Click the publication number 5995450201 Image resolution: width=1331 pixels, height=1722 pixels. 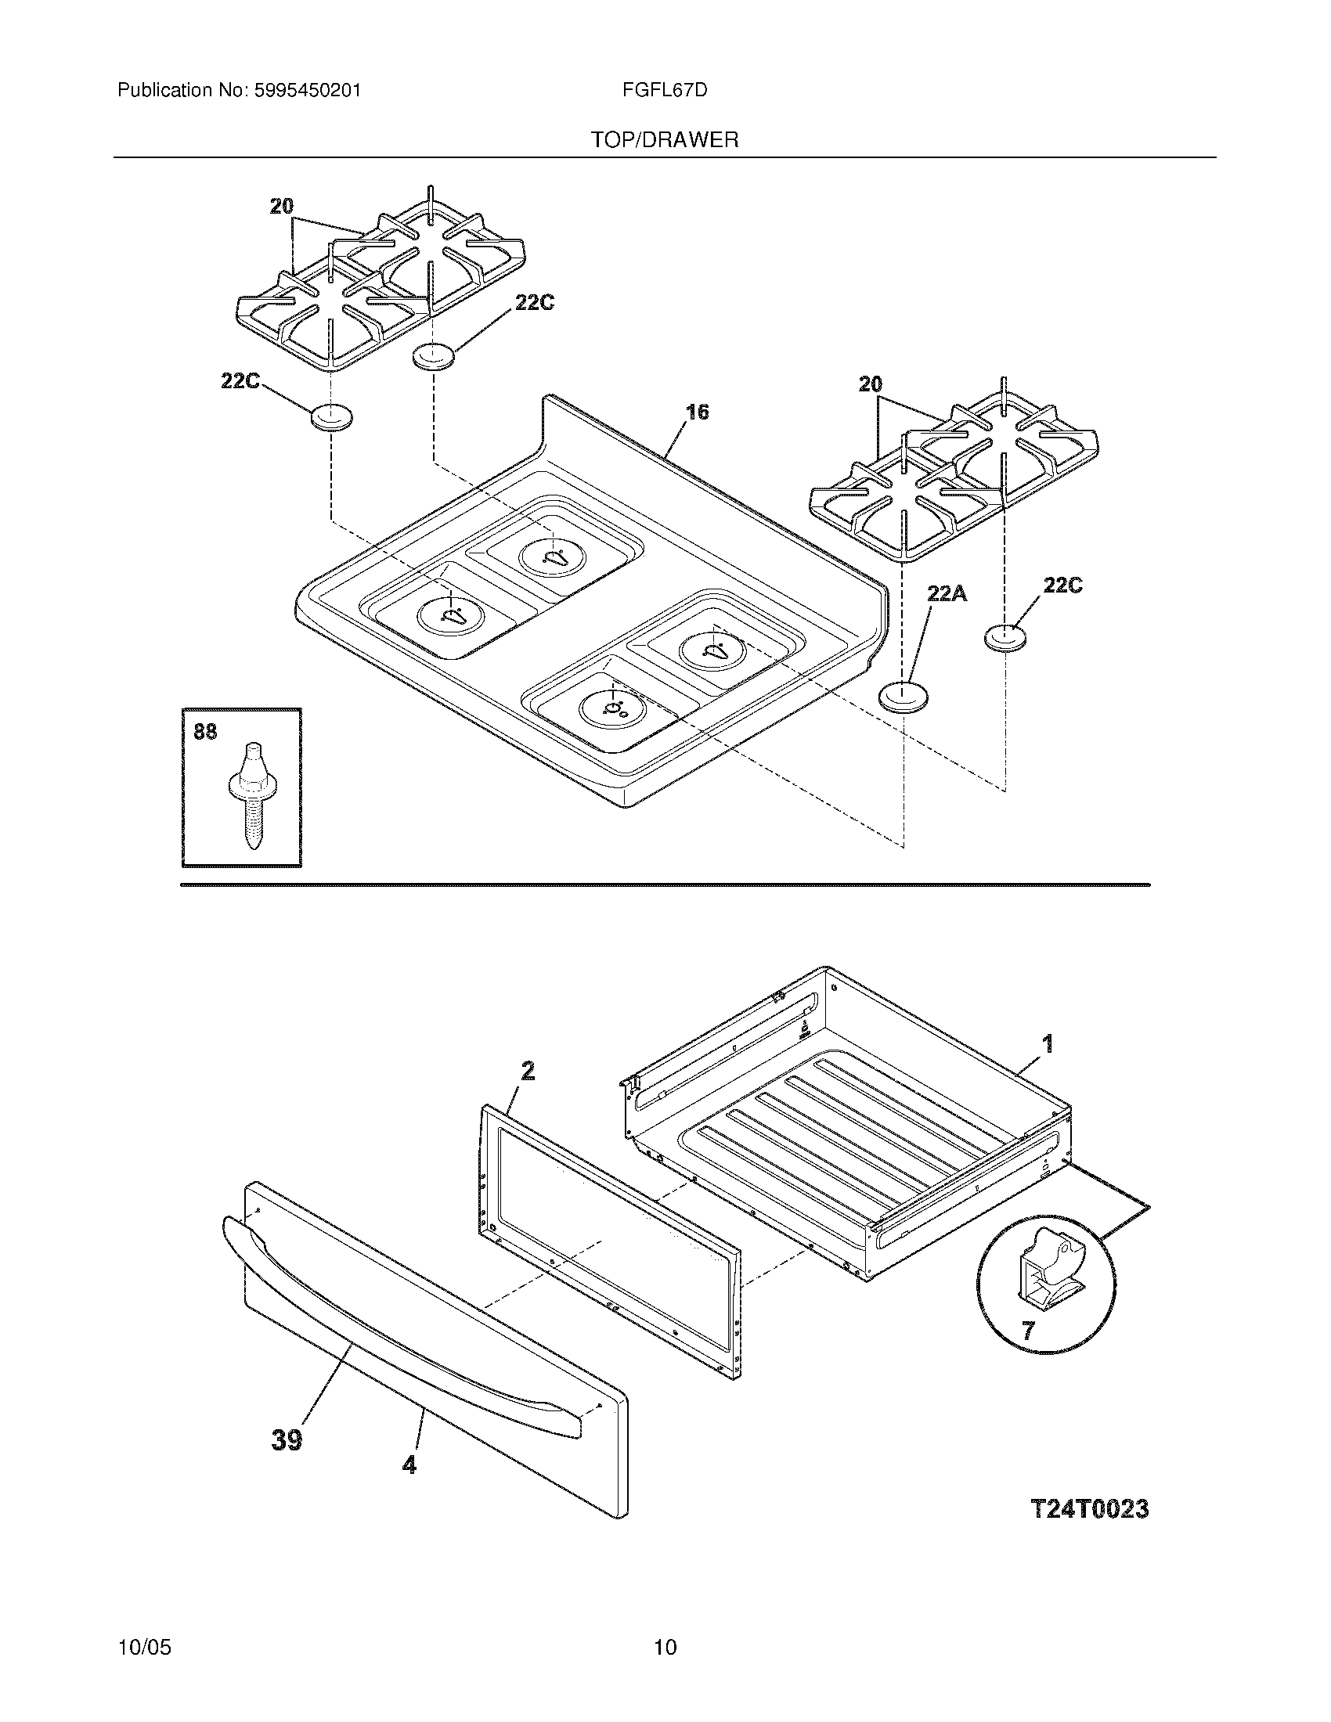click(x=308, y=91)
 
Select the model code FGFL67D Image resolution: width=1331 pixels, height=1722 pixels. click(x=664, y=91)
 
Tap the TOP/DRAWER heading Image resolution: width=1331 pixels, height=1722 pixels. click(x=665, y=140)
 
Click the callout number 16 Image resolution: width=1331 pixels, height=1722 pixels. click(x=697, y=412)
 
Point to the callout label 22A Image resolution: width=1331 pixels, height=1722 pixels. click(x=946, y=593)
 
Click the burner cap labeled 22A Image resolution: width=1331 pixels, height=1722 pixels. click(x=903, y=697)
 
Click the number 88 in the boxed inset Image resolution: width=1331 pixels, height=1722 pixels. click(x=205, y=733)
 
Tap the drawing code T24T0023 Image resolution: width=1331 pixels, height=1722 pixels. click(x=1090, y=1508)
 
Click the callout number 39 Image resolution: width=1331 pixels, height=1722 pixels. click(x=287, y=1439)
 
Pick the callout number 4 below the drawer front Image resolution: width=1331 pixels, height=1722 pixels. click(x=409, y=1464)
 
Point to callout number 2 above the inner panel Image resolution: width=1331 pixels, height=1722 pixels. click(x=528, y=1071)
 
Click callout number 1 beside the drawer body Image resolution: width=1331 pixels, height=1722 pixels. click(x=1047, y=1044)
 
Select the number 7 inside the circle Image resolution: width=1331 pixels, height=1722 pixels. click(x=1027, y=1331)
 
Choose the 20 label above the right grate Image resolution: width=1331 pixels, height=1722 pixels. click(x=870, y=385)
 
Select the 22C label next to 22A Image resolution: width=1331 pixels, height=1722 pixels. click(x=1062, y=585)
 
